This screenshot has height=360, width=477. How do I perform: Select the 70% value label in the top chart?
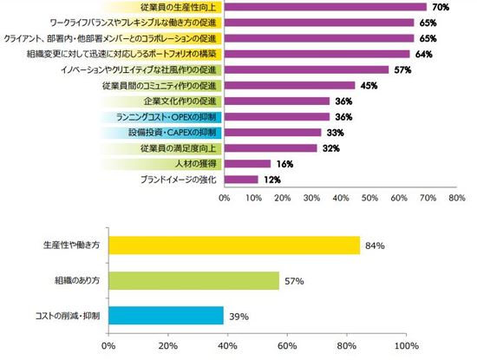coord(440,8)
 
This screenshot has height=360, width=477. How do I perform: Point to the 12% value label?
coord(273,180)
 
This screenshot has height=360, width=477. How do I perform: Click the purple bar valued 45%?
coord(290,86)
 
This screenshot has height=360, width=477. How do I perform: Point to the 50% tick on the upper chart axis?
coord(369,198)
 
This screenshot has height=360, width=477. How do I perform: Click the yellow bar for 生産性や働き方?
coord(234,245)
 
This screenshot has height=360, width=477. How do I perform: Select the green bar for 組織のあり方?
coord(193,280)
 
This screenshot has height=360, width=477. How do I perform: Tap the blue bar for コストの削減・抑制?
coord(167,315)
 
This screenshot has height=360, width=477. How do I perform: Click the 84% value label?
coord(376,246)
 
